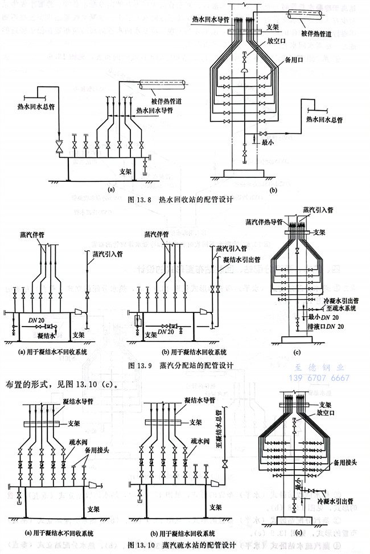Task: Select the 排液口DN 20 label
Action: click(x=329, y=327)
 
